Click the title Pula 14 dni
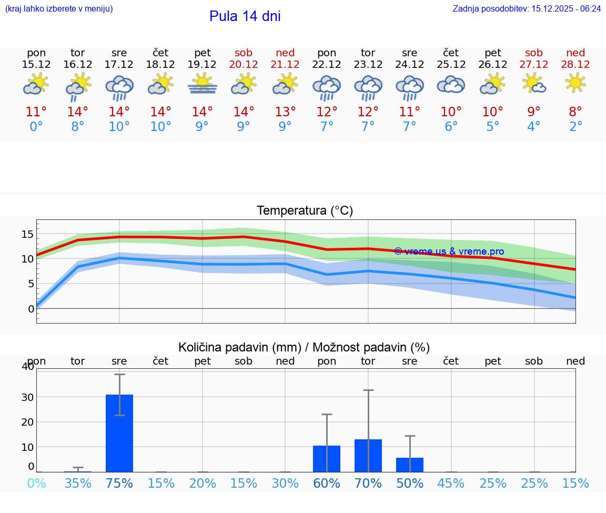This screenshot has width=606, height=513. (x=245, y=16)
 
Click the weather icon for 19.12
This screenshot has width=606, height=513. (x=203, y=84)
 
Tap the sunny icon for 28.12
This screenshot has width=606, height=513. (x=575, y=83)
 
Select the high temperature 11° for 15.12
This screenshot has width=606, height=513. (x=36, y=112)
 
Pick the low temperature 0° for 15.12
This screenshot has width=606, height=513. (x=36, y=127)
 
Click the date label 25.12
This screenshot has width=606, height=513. (x=451, y=64)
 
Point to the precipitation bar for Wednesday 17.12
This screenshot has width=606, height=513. (x=119, y=432)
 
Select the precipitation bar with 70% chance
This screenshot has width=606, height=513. (x=368, y=455)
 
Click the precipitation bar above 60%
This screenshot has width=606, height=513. (x=327, y=458)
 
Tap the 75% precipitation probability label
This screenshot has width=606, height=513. (x=119, y=484)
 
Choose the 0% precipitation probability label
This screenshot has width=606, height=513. (x=36, y=484)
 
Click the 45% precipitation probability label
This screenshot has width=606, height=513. (x=451, y=484)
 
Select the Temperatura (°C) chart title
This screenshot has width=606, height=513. (x=305, y=211)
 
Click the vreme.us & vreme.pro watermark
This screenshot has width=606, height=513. (x=449, y=252)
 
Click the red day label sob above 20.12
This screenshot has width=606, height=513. (x=244, y=53)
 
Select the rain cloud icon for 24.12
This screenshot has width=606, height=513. (x=410, y=87)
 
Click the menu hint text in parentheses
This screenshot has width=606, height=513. (x=59, y=8)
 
